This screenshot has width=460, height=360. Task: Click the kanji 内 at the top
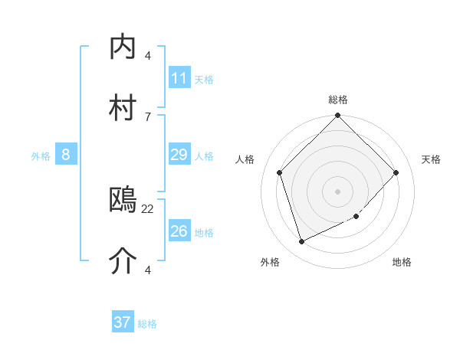pyautogui.click(x=123, y=47)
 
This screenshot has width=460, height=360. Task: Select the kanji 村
pyautogui.click(x=123, y=108)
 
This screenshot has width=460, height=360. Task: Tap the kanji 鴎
pyautogui.click(x=123, y=200)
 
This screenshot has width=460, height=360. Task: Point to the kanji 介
pyautogui.click(x=123, y=261)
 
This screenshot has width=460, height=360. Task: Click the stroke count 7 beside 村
pyautogui.click(x=148, y=116)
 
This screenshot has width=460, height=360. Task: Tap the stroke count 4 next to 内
pyautogui.click(x=148, y=55)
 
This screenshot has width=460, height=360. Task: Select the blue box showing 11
pyautogui.click(x=179, y=78)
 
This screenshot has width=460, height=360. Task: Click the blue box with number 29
pyautogui.click(x=179, y=155)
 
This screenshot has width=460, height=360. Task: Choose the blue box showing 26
pyautogui.click(x=179, y=231)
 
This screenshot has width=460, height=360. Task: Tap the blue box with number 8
pyautogui.click(x=66, y=155)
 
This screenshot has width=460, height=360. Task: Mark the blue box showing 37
pyautogui.click(x=123, y=322)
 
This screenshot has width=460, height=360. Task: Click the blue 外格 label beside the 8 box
pyautogui.click(x=41, y=156)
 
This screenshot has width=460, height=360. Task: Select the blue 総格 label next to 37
pyautogui.click(x=147, y=324)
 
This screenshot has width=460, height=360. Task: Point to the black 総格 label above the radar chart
pyautogui.click(x=338, y=100)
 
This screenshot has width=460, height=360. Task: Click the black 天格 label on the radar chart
pyautogui.click(x=432, y=159)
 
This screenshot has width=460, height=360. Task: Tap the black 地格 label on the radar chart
pyautogui.click(x=402, y=262)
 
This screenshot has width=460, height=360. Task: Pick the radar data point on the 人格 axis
pyautogui.click(x=280, y=172)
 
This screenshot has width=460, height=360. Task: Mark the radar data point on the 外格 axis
pyautogui.click(x=301, y=241)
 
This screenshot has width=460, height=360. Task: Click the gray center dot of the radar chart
pyautogui.click(x=337, y=191)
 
